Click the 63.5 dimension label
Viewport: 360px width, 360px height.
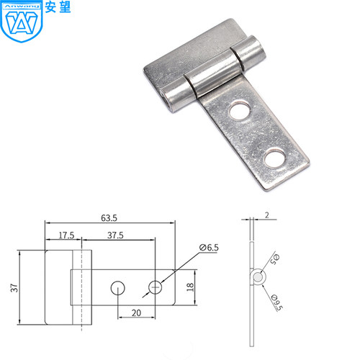tap(109, 218)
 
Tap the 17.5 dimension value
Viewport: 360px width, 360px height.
tap(66, 235)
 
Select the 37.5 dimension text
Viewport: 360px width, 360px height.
tap(115, 235)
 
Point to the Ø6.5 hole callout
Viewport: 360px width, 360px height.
tap(209, 248)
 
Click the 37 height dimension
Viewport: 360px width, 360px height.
tap(14, 288)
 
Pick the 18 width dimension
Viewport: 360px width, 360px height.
tap(190, 287)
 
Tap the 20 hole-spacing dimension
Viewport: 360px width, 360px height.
tap(136, 313)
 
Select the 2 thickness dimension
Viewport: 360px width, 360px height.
tap(267, 215)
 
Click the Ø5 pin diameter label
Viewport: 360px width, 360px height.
tap(275, 259)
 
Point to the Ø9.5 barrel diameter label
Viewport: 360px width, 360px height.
tap(276, 303)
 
